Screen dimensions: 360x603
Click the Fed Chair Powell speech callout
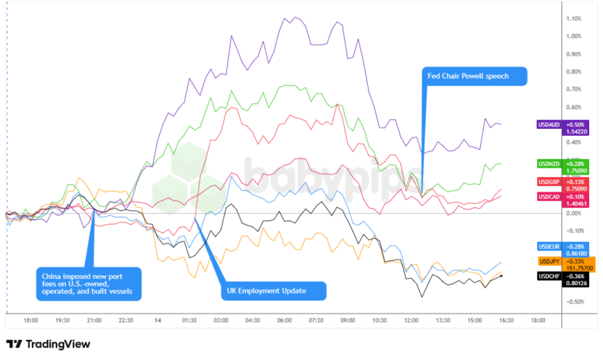pyautogui.click(x=474, y=76)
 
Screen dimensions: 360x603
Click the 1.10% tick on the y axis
pyautogui.click(x=574, y=19)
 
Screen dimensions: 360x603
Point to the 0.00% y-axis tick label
pyautogui.click(x=574, y=212)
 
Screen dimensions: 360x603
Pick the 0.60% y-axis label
pyautogui.click(x=574, y=107)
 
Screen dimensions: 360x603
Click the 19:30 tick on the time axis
pyautogui.click(x=63, y=319)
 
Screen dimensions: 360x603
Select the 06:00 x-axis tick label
pyautogui.click(x=284, y=319)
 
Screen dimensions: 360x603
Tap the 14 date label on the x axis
pyautogui.click(x=158, y=319)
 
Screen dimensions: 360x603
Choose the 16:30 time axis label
pyautogui.click(x=506, y=319)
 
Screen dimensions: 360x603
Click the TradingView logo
pyautogui.click(x=48, y=345)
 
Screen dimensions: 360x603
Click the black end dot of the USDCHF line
pyautogui.click(x=502, y=276)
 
